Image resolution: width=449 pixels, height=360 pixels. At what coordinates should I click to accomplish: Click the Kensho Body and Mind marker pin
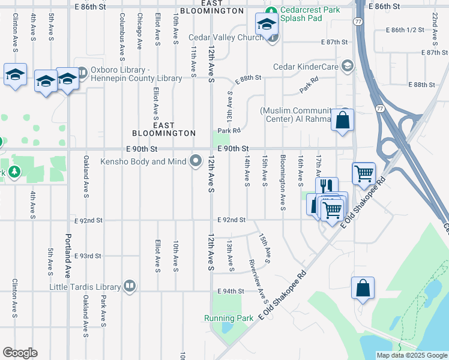pyautogui.click(x=196, y=161)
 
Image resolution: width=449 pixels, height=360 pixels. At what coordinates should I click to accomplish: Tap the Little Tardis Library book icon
pyautogui.click(x=128, y=286)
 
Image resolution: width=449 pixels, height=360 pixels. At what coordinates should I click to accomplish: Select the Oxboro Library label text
pyautogui.click(x=136, y=74)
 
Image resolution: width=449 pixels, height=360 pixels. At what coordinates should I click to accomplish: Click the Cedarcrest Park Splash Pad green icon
pyautogui.click(x=271, y=10)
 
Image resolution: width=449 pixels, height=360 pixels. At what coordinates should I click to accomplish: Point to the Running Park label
pyautogui.click(x=229, y=318)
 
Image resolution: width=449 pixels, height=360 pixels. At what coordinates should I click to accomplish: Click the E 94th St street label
pyautogui.click(x=231, y=292)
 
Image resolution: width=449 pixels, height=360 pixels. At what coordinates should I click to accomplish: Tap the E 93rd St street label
pyautogui.click(x=88, y=256)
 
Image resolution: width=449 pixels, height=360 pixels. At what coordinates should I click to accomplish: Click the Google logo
pyautogui.click(x=20, y=353)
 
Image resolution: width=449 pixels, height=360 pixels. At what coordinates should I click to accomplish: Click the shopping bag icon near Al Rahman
pyautogui.click(x=342, y=119)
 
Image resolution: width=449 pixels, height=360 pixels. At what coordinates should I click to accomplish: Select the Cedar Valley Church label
pyautogui.click(x=227, y=38)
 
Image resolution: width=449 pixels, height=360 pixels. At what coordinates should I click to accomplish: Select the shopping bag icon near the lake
pyautogui.click(x=363, y=288)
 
